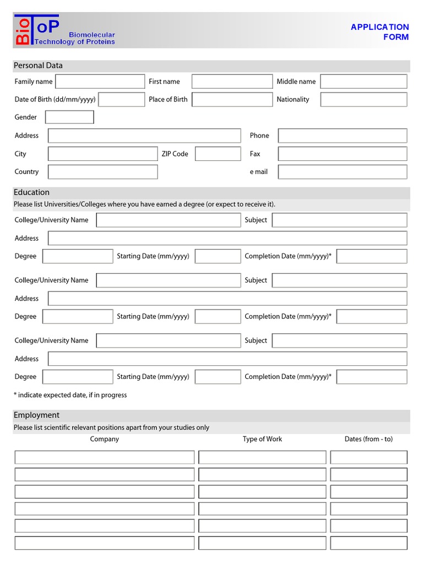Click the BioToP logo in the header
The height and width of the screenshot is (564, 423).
click(64, 31)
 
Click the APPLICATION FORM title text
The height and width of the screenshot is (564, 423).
click(379, 32)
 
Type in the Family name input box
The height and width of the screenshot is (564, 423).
click(100, 82)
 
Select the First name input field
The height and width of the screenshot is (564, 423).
click(232, 82)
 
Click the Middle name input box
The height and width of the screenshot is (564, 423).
click(364, 82)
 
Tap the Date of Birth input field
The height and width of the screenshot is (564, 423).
click(121, 100)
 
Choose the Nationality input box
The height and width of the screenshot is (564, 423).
click(364, 100)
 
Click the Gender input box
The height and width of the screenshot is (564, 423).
click(69, 117)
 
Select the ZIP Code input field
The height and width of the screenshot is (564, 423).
click(218, 154)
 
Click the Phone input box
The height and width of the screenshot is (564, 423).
click(343, 135)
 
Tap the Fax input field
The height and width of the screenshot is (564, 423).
click(343, 154)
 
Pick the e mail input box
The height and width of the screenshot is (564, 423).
click(343, 172)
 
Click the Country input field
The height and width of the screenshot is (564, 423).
click(102, 172)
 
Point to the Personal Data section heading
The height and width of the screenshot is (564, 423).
click(38, 66)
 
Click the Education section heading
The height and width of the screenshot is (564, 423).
click(31, 192)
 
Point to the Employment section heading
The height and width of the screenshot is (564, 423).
click(36, 415)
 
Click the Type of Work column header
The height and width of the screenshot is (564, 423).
click(262, 439)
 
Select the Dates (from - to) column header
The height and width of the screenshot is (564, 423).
click(368, 439)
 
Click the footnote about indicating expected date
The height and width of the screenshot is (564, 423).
click(70, 395)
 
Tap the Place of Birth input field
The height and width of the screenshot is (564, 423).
click(232, 100)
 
